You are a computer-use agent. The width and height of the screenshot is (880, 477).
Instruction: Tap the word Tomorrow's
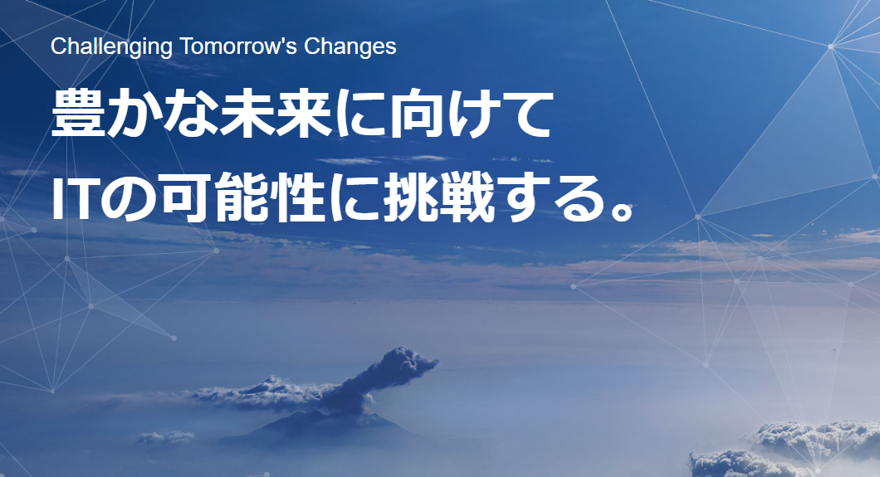click(238, 46)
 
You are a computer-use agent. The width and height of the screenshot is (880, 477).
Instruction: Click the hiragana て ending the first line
click(526, 115)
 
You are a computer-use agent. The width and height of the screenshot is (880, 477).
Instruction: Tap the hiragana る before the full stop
click(576, 198)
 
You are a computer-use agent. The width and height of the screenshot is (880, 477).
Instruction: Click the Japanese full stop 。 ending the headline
click(622, 210)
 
